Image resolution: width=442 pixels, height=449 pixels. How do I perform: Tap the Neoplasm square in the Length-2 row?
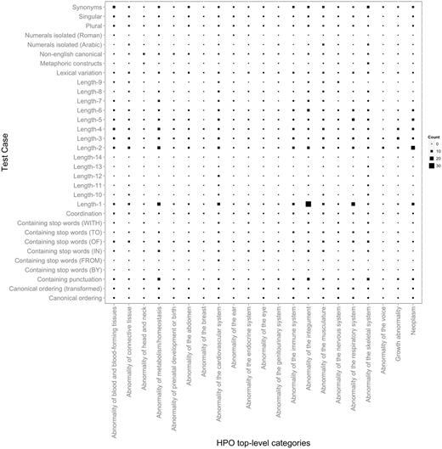[413, 148]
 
